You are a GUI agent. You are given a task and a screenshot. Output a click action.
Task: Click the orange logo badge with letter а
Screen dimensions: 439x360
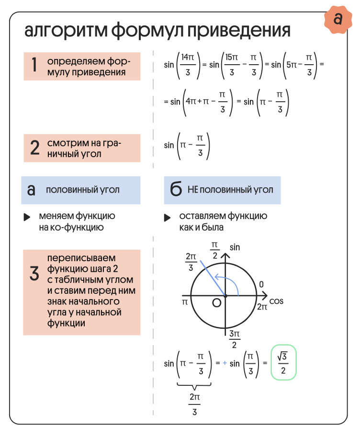338,20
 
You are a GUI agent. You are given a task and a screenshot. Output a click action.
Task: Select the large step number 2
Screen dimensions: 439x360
34,148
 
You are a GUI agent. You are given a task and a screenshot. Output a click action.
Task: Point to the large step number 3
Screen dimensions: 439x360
34,274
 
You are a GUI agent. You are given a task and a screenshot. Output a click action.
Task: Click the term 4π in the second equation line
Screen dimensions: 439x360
191,102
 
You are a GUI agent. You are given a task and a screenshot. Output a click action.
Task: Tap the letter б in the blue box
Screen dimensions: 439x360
176,190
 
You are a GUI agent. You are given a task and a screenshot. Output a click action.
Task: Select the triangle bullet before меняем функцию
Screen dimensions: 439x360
27,217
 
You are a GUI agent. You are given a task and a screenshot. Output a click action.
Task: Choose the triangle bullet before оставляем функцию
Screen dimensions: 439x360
167,217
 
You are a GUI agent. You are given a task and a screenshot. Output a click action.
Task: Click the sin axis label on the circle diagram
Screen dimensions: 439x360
235,247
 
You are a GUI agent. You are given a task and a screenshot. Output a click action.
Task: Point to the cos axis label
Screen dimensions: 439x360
277,301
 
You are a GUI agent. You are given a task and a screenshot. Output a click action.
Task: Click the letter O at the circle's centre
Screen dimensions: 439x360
216,303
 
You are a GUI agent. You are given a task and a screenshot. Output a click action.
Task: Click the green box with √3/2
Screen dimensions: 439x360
283,363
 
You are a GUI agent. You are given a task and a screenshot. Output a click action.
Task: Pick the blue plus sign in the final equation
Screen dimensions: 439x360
224,363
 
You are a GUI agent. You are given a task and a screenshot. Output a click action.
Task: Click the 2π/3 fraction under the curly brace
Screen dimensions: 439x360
194,404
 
